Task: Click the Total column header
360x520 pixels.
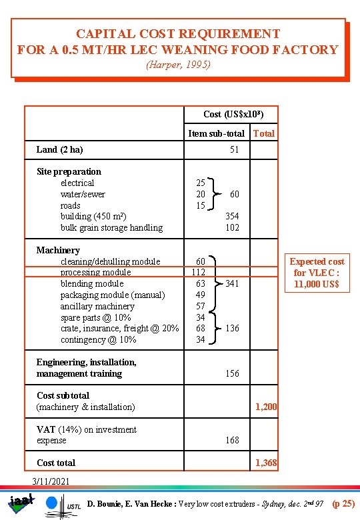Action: coord(264,133)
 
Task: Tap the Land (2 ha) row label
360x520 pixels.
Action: coord(59,149)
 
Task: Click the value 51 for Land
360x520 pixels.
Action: coord(234,149)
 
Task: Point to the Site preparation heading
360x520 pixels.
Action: coord(69,171)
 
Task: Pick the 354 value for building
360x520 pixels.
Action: coord(232,216)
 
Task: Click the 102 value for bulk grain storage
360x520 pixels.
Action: coord(232,227)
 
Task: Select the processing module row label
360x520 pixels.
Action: coord(95,272)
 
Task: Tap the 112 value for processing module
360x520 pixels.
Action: coord(198,272)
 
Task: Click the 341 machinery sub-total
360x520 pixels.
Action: coord(232,283)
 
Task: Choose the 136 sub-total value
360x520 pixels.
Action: coord(232,328)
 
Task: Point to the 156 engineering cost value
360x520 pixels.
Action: coord(232,373)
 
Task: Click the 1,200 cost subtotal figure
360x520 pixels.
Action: coord(267,407)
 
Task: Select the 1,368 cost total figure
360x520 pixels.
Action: coord(267,463)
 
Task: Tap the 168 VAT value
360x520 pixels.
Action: coord(232,440)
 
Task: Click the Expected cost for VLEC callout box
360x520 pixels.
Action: coord(317,273)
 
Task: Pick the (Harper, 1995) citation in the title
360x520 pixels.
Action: coord(179,65)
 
